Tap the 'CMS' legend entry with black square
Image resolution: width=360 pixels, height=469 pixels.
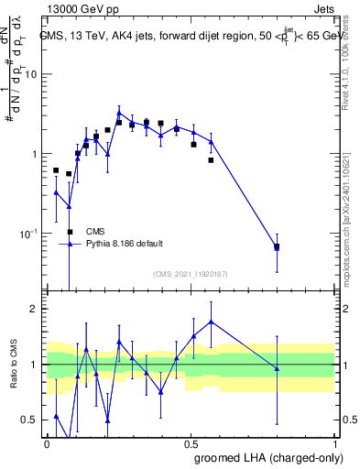(x=95, y=232)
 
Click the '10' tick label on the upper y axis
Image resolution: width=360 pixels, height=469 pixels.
(x=32, y=74)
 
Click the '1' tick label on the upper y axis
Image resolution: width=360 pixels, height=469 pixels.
(x=35, y=154)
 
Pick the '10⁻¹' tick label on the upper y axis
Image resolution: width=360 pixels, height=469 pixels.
(x=29, y=234)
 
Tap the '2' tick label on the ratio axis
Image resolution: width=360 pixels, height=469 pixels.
(x=35, y=309)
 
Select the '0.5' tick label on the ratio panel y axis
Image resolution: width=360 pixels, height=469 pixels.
(x=30, y=420)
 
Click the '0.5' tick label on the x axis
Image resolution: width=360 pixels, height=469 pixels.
(x=191, y=442)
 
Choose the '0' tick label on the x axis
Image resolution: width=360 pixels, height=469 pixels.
(x=47, y=442)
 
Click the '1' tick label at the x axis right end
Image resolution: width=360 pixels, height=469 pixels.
(x=334, y=442)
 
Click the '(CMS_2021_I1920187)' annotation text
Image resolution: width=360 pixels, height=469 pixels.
(x=191, y=274)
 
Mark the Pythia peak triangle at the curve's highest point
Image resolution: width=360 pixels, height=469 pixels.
(x=119, y=114)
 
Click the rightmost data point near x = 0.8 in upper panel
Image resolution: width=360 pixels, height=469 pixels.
(x=277, y=247)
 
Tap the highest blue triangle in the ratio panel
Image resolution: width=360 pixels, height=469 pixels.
(x=212, y=322)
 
